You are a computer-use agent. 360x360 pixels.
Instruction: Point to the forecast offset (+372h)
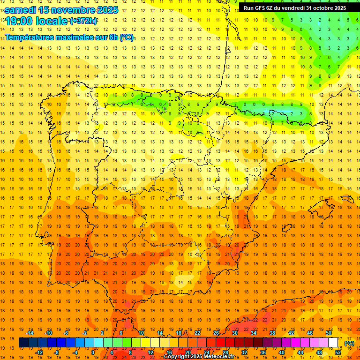pos(83,21)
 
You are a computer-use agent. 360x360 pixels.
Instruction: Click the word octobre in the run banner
pos(323,8)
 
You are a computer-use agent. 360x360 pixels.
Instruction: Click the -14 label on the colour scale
pos(30,333)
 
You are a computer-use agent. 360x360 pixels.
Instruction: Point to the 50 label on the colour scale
pos(329,333)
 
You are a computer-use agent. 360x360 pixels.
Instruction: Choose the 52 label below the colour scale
pos(338,352)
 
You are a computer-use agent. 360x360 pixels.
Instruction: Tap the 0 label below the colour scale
pos(93,352)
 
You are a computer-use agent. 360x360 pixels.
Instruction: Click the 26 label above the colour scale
pos(216,333)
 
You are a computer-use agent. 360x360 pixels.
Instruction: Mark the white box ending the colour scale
pos(333,343)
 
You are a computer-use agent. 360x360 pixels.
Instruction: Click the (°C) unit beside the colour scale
pos(349,343)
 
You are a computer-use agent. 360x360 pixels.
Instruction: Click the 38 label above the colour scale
pos(272,333)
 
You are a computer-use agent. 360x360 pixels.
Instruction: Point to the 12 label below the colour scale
pos(150,352)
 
